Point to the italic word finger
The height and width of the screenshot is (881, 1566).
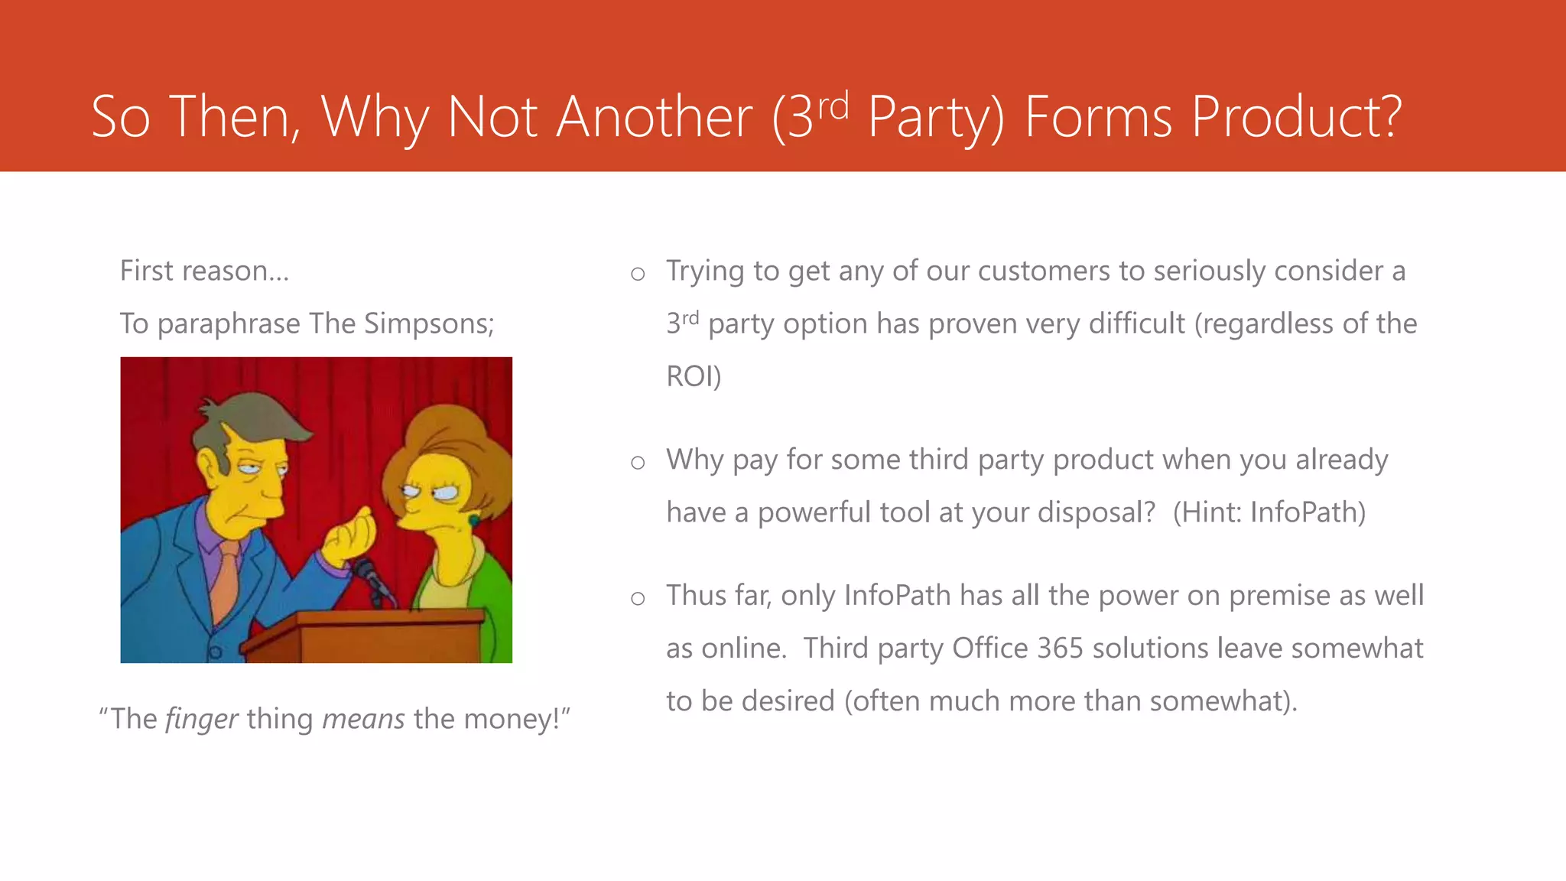(202, 719)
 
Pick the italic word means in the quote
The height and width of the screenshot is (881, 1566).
(363, 719)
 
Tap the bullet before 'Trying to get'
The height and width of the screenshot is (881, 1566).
(638, 274)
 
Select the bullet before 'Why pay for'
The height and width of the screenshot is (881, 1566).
(638, 463)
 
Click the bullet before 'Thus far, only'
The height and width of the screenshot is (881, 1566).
(638, 599)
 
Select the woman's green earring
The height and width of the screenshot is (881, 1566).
(474, 521)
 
